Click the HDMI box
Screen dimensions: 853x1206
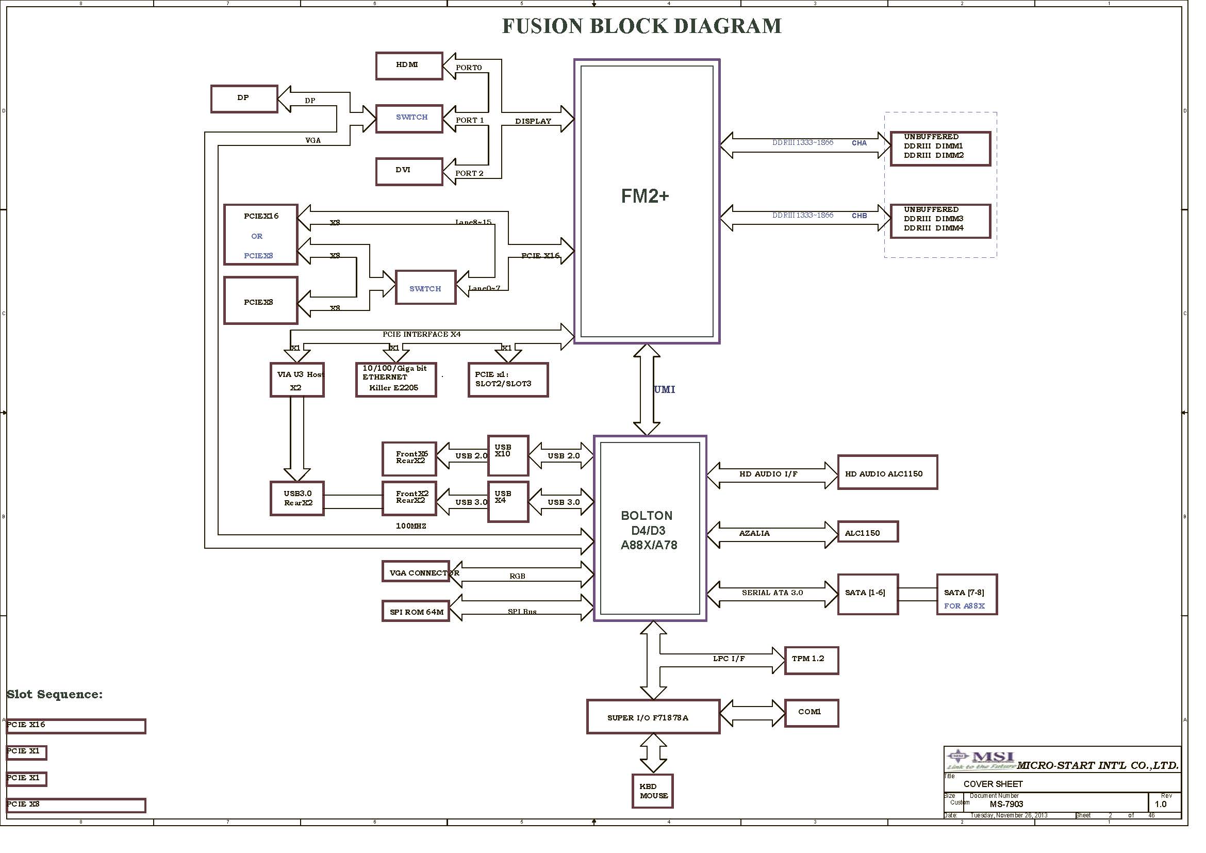pyautogui.click(x=409, y=65)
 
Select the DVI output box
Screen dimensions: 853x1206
pyautogui.click(x=409, y=171)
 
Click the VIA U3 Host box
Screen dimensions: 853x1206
pyautogui.click(x=297, y=379)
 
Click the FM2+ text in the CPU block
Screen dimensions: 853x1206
pyautogui.click(x=645, y=196)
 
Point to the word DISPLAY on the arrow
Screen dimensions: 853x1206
pyautogui.click(x=533, y=121)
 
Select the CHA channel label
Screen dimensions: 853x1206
pyautogui.click(x=859, y=143)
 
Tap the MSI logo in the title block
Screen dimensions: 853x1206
pyautogui.click(x=980, y=759)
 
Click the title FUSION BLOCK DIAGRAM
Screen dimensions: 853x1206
pyautogui.click(x=641, y=26)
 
